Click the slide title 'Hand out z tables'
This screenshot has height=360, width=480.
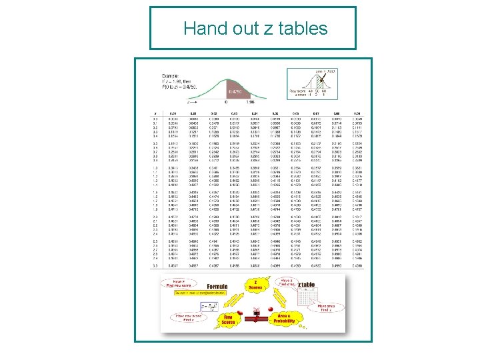255,29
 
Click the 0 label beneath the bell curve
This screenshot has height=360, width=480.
225,103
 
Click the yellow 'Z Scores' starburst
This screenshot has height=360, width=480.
256,286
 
